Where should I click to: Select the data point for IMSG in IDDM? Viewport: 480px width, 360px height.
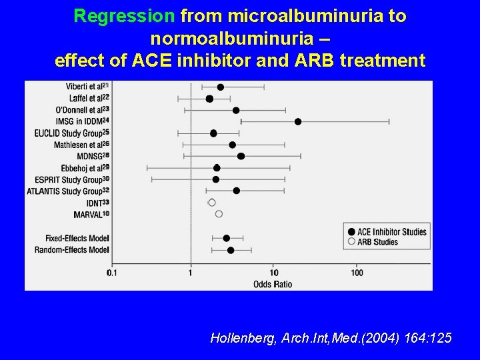298,121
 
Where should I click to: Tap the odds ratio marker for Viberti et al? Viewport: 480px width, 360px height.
221,87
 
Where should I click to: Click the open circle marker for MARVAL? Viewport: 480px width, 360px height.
219,214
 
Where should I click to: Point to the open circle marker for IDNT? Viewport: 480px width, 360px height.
212,203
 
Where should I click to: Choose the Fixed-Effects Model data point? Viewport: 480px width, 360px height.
227,238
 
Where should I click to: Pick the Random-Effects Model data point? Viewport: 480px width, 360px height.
231,250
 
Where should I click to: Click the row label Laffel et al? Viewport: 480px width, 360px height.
84,99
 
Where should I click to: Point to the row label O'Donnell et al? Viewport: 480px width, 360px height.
79,110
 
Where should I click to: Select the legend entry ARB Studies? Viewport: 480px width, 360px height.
377,242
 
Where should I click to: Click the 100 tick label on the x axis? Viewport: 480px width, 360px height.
357,273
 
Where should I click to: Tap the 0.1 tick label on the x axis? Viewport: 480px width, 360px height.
111,273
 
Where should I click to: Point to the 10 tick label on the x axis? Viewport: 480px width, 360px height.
274,273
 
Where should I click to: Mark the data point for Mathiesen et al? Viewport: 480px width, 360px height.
232,145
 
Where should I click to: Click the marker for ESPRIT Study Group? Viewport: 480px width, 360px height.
216,179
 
